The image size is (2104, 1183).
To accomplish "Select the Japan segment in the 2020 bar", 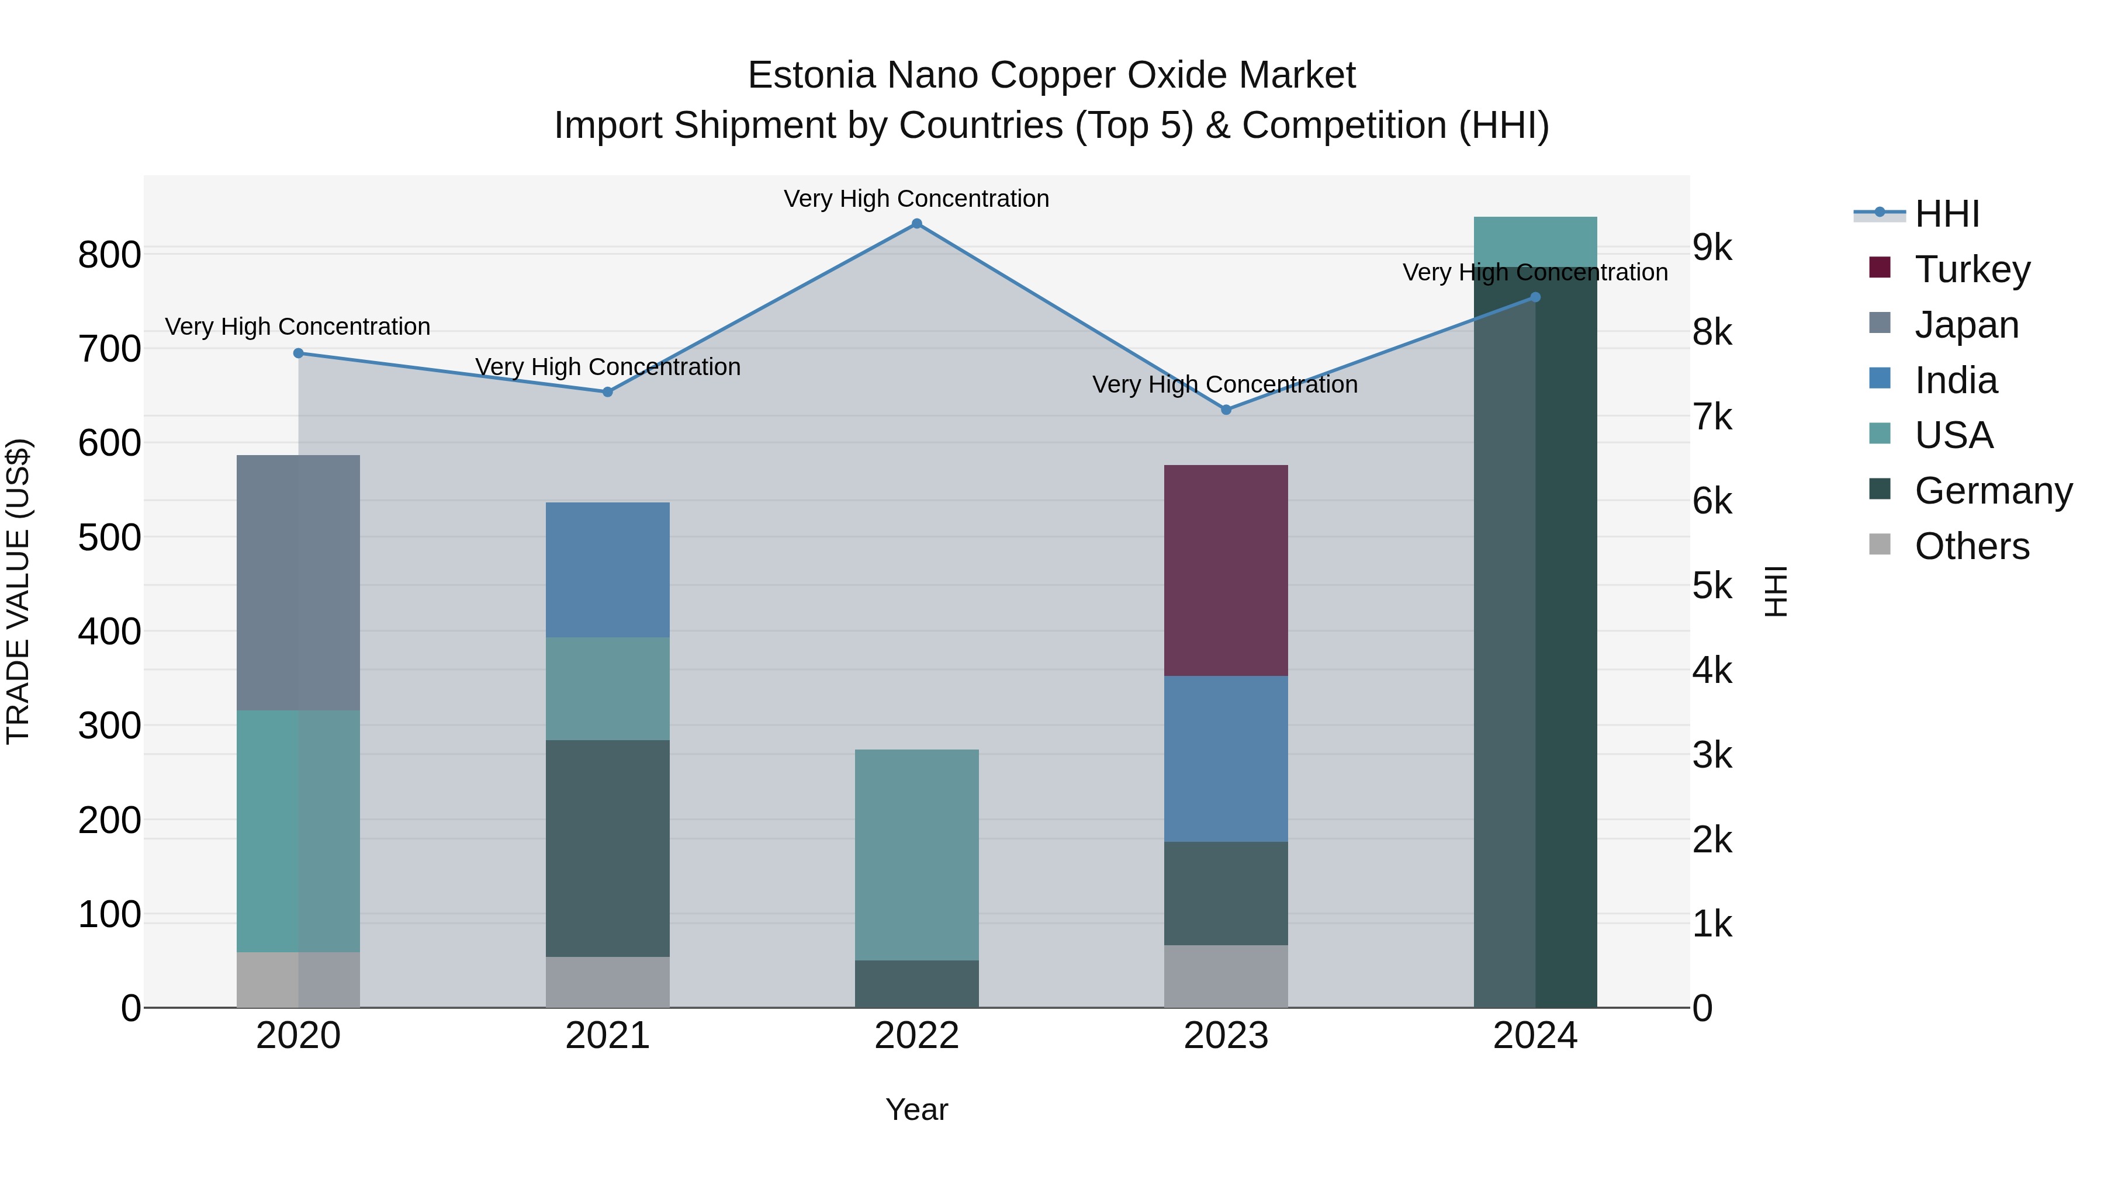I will (298, 582).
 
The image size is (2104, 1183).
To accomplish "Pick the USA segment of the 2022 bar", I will (916, 854).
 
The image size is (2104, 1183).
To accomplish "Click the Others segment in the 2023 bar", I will (1225, 976).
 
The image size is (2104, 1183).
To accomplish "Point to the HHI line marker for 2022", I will (916, 224).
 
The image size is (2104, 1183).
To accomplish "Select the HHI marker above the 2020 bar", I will (298, 353).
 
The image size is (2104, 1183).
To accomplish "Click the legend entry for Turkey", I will (1972, 269).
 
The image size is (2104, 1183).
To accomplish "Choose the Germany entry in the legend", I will (1993, 491).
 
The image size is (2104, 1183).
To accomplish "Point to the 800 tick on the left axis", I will (109, 255).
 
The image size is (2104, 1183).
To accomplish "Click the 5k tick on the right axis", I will (1712, 585).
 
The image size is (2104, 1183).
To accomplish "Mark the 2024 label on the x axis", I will (1535, 1036).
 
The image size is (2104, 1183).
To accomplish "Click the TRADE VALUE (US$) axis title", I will (18, 591).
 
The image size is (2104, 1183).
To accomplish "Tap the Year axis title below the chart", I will (916, 1109).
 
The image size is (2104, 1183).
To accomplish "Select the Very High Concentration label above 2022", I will (916, 199).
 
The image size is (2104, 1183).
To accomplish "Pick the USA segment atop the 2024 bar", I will (1535, 241).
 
